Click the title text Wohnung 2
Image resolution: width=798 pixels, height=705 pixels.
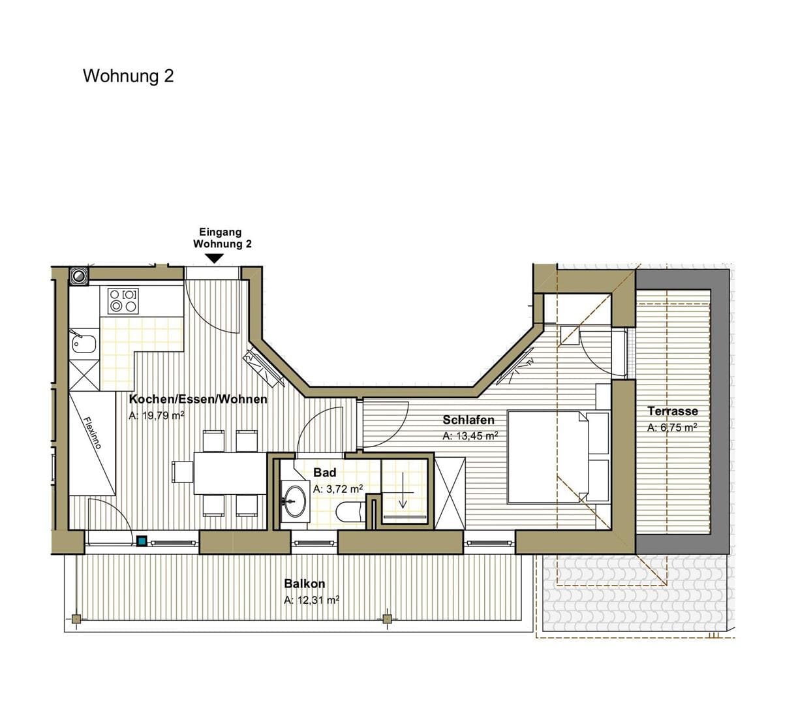pos(128,76)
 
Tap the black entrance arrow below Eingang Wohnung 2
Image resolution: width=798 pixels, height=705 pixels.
pos(215,258)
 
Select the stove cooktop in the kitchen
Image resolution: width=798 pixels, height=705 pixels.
pos(123,301)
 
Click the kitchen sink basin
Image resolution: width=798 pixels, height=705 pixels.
pos(84,344)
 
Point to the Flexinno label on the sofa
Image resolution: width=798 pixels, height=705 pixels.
pos(93,433)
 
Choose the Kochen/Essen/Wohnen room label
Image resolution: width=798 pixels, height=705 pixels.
pos(198,399)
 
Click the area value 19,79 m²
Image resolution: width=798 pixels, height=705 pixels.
pos(157,415)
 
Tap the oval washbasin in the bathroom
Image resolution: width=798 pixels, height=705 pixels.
pos(295,501)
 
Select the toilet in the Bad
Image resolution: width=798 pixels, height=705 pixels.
pos(350,512)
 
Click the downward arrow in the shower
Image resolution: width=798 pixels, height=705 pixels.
pos(403,490)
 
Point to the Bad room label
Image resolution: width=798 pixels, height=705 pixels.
pos(324,472)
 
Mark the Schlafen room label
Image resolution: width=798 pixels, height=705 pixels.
pos(468,420)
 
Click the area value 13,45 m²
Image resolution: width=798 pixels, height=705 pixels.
pos(470,436)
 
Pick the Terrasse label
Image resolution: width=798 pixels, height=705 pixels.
pos(673,411)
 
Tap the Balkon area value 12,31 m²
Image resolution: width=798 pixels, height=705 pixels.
pos(311,600)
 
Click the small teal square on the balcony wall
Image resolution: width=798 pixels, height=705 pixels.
pos(142,540)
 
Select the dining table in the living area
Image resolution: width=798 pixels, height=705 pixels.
pos(230,473)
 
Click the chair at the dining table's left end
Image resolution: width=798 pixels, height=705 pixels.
pos(182,472)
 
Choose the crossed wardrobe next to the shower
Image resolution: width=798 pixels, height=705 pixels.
pos(450,493)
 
